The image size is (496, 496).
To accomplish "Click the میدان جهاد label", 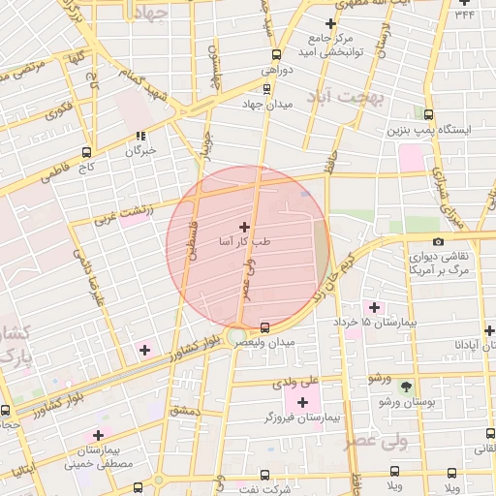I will coord(267,104).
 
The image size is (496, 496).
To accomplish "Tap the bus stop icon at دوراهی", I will coord(278,54).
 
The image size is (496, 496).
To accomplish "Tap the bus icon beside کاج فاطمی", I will coord(88,152).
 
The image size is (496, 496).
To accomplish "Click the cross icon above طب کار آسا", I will coord(243,226).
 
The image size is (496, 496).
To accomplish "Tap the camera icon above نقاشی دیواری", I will coord(438,241).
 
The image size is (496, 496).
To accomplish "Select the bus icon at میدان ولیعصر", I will coord(266,325).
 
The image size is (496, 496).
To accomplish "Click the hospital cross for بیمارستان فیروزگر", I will coord(302,401).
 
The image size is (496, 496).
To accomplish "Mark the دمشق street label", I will coord(184,411).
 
